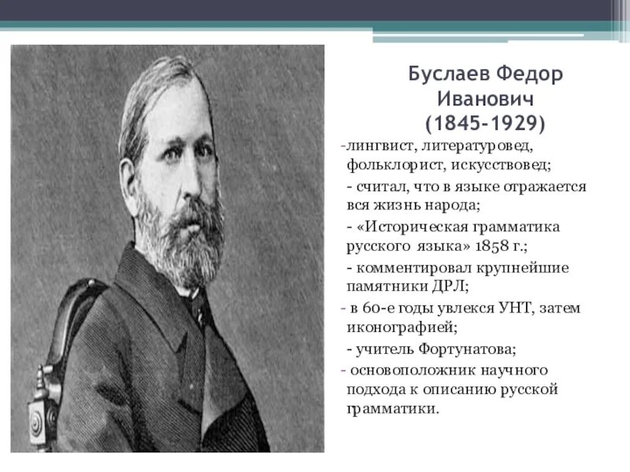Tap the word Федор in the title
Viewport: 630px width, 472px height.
(x=524, y=75)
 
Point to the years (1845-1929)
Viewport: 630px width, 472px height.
(x=484, y=124)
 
